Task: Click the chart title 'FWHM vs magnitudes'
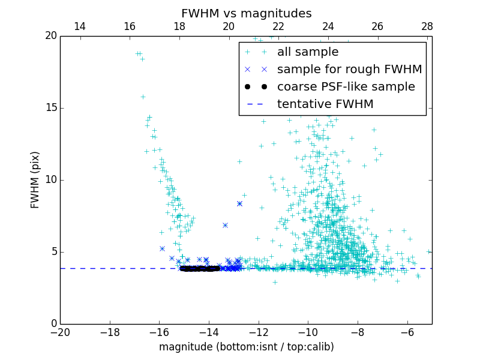click(246, 13)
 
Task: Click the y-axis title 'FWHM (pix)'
click(35, 179)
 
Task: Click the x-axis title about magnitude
click(246, 347)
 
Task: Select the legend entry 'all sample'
click(308, 52)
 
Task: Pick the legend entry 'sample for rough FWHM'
click(349, 70)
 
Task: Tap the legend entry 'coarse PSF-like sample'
click(346, 87)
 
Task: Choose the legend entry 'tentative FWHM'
click(325, 104)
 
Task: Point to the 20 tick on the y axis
click(50, 36)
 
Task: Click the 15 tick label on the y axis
click(50, 108)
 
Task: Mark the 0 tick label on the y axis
click(53, 324)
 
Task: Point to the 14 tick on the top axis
click(80, 26)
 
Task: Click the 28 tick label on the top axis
click(427, 26)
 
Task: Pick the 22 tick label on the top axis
click(278, 26)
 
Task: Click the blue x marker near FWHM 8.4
click(239, 203)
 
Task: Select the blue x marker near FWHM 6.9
click(225, 225)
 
